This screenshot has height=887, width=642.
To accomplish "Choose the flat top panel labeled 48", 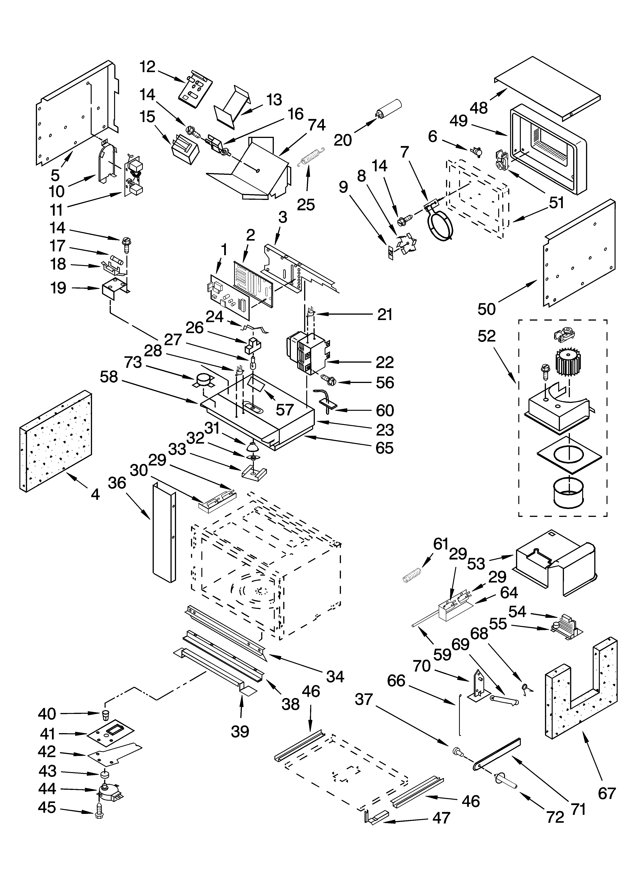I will (547, 87).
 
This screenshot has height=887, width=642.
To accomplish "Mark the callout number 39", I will (240, 731).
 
